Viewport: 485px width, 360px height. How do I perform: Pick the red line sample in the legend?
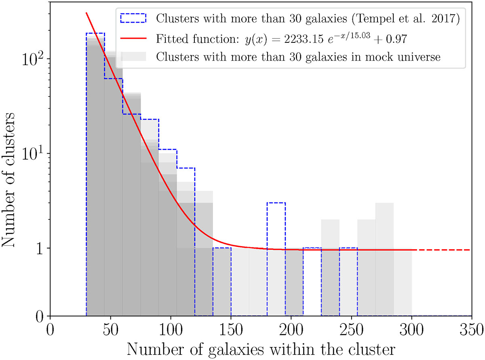click(133, 38)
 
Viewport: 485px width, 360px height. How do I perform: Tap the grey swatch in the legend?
click(133, 57)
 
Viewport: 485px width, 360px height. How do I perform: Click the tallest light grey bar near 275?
click(384, 259)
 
